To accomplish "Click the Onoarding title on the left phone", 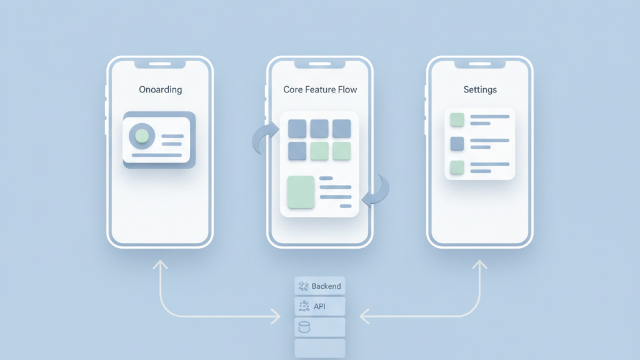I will pos(160,89).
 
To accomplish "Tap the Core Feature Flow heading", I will pos(320,89).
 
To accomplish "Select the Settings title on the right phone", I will pos(480,89).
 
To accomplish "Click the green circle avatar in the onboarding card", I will pos(142,136).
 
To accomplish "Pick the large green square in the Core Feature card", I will pos(301,192).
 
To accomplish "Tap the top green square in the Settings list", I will pos(457,119).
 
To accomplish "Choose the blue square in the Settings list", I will pos(457,144).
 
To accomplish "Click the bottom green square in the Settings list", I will pos(457,167).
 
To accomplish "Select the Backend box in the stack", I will pos(320,286).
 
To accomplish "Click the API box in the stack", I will pos(320,306).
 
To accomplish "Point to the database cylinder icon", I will pos(304,327).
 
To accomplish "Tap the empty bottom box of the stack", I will pos(320,347).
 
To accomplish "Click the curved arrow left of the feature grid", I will pos(264,138).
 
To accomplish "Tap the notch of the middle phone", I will pos(320,64).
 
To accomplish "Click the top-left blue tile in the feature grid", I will pos(297,129).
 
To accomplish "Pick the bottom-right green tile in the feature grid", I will pos(341,151).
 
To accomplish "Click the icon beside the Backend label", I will pos(304,286).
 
